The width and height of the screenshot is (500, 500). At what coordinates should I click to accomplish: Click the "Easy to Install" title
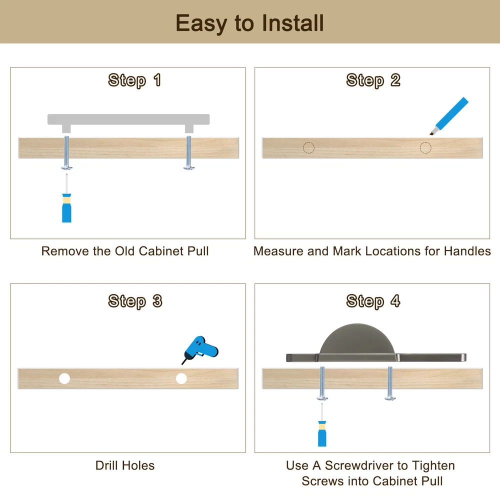249,23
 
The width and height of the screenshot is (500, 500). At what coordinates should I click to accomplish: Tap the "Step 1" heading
134,80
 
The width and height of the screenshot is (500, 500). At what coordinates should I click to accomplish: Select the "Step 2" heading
373,80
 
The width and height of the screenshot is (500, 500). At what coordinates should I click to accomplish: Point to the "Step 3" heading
135,301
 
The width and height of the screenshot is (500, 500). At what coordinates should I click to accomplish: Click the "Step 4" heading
373,301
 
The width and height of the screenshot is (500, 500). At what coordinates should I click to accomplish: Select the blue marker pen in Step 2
449,116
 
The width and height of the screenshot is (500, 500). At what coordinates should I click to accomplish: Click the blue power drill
200,349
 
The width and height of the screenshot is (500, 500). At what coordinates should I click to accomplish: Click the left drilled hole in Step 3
64,378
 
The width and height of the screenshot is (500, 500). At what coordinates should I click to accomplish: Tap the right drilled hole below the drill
181,378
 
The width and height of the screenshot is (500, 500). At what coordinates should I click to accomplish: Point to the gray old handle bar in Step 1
128,119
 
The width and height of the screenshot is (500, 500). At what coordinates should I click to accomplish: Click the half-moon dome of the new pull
357,339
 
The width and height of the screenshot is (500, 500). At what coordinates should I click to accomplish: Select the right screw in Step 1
189,152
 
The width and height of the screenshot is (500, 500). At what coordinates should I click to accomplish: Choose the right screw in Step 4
390,383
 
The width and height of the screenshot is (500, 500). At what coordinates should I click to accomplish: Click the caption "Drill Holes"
125,465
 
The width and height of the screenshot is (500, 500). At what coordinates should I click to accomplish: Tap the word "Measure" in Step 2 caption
278,251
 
